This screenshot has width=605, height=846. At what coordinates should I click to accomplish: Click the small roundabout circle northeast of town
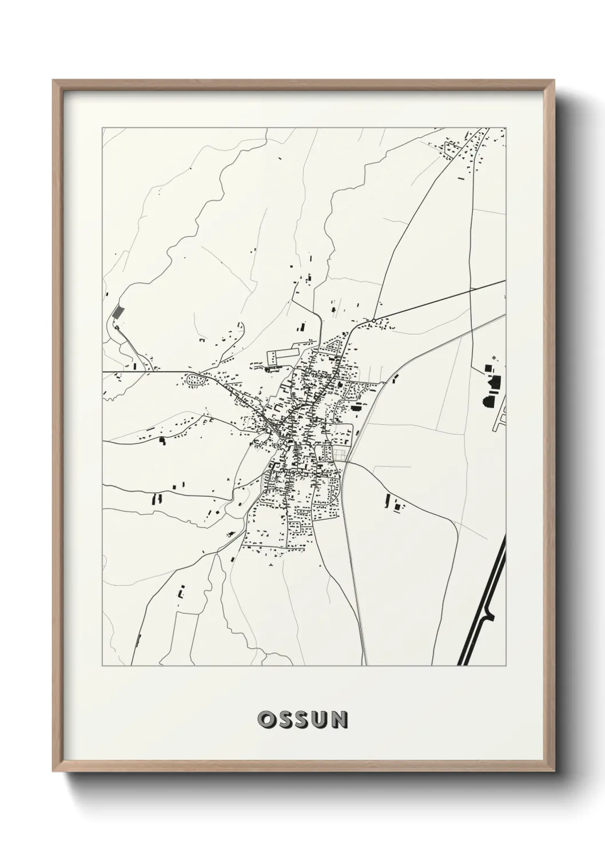[374, 320]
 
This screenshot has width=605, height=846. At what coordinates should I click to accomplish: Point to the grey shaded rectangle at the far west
[118, 312]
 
